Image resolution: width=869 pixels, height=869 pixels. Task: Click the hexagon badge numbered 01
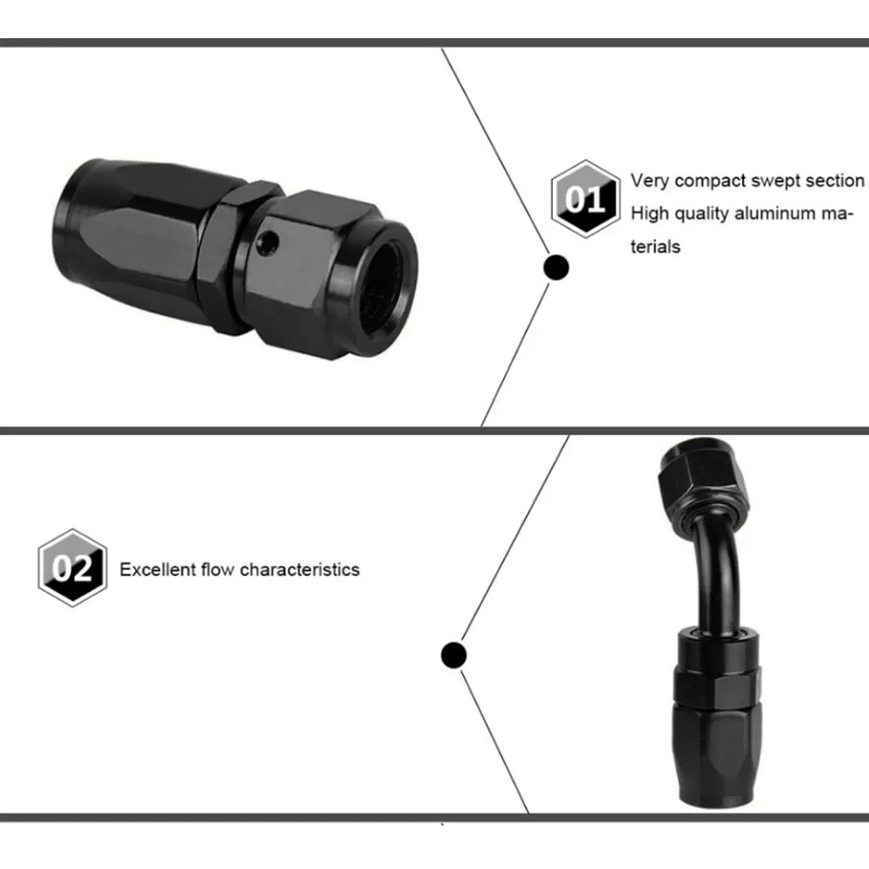click(x=585, y=199)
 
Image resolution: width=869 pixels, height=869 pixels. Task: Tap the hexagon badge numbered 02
click(x=72, y=567)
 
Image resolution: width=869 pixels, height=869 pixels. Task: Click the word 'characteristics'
click(x=300, y=570)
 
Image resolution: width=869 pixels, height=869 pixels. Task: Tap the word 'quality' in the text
click(x=700, y=215)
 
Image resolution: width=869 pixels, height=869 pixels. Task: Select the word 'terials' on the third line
click(x=655, y=246)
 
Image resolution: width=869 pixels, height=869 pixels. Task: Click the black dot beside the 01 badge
click(x=556, y=268)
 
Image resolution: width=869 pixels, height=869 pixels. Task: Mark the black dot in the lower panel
click(x=454, y=655)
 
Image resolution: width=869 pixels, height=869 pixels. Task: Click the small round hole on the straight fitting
click(x=270, y=242)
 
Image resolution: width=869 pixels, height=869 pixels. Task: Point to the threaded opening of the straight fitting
click(x=383, y=289)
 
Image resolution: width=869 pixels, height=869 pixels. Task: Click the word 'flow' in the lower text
click(x=218, y=570)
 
